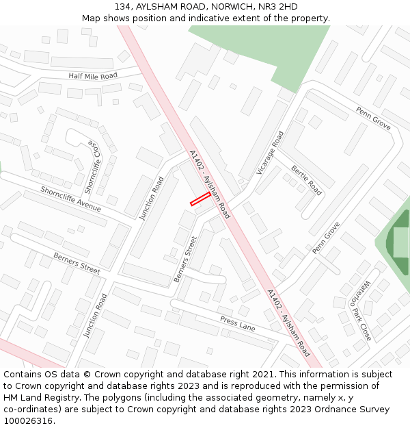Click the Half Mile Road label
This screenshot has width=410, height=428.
(93, 75)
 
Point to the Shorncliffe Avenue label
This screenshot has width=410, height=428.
(70, 199)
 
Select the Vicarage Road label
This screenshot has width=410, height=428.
(269, 153)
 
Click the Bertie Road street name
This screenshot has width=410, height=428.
(306, 180)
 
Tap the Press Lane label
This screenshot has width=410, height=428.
(237, 324)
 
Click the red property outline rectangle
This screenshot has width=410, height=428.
(200, 198)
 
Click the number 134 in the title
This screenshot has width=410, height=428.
(124, 7)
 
